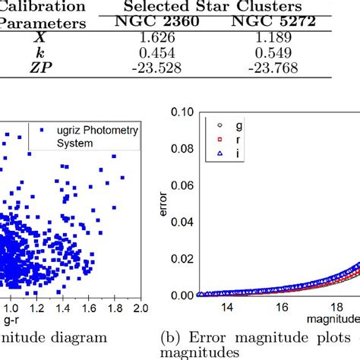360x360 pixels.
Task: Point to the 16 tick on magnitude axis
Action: point(282,308)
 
